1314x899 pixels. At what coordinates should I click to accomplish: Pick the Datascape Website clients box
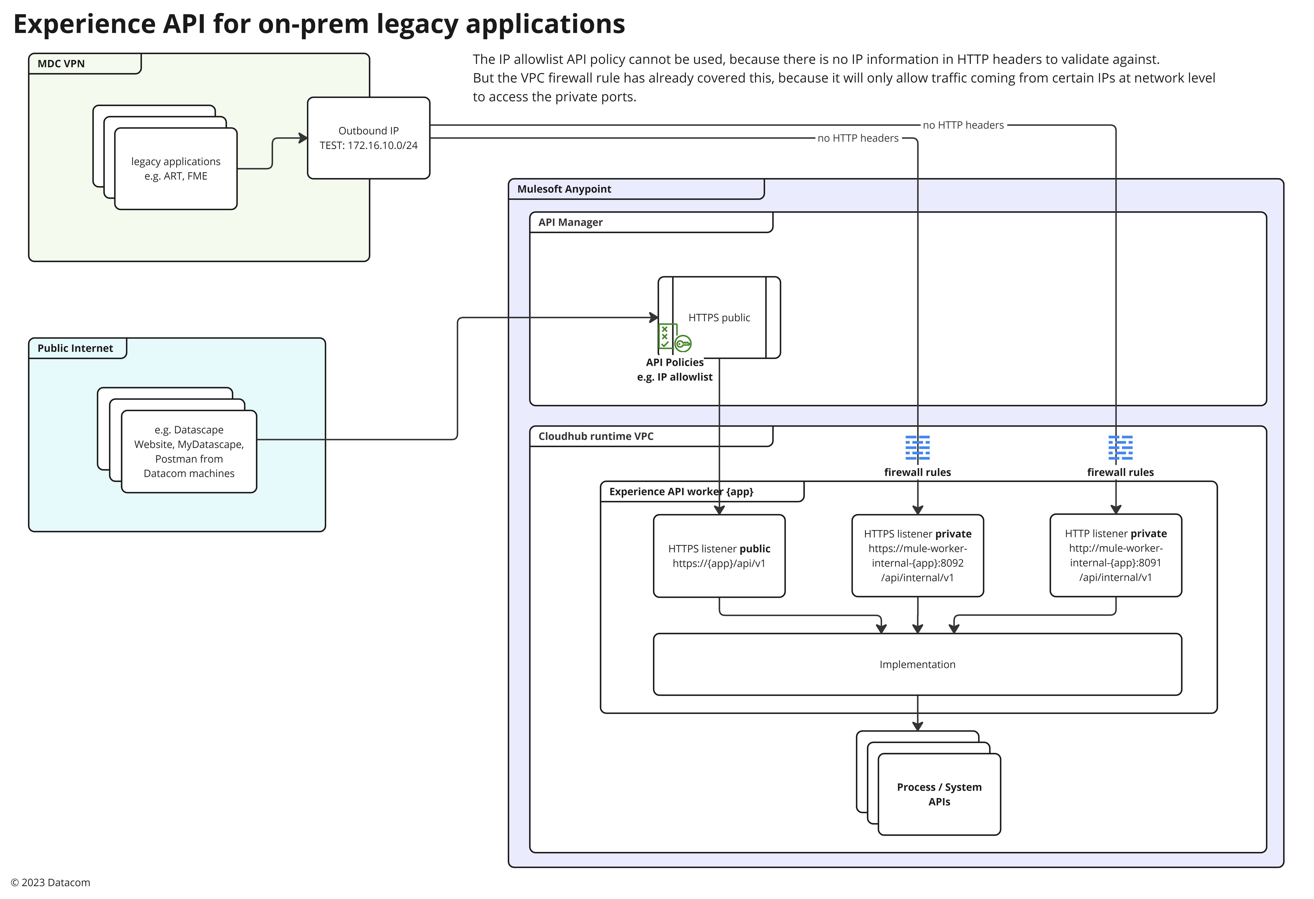coord(189,452)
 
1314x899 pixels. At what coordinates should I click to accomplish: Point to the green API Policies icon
coord(673,338)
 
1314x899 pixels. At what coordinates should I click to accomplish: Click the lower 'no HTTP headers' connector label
coord(858,138)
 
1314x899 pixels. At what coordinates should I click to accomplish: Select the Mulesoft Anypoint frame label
coord(564,189)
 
